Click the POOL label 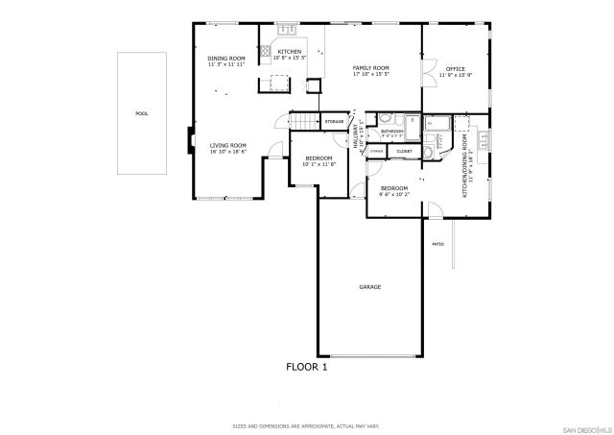tap(141, 113)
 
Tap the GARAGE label tap(370, 287)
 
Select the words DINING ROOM tap(226, 60)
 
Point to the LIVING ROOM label tap(228, 146)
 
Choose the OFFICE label tap(455, 69)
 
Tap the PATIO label tap(437, 244)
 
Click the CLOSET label tap(404, 151)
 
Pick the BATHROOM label tap(392, 131)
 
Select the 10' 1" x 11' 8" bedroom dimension tap(319, 164)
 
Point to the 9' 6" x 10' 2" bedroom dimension tap(393, 194)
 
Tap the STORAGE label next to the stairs tap(334, 122)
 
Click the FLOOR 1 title tap(307, 367)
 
